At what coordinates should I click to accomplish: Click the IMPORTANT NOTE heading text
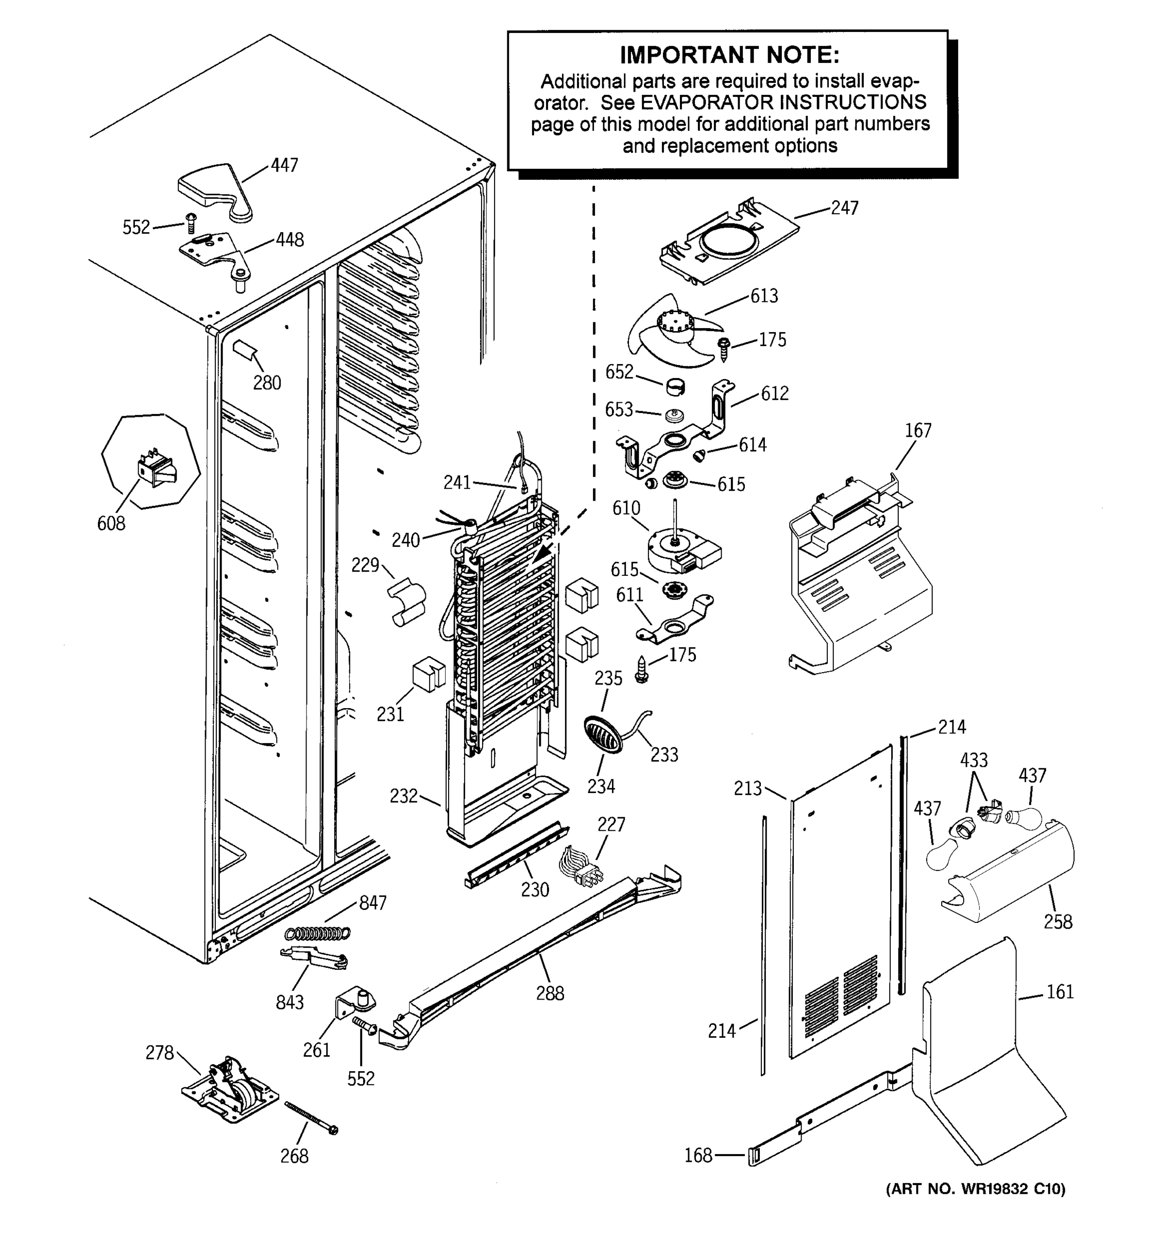coord(729,55)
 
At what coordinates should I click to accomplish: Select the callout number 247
coord(844,208)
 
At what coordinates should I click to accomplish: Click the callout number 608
coord(111,523)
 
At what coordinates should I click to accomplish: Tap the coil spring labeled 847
coord(317,933)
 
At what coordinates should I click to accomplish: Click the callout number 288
coord(550,993)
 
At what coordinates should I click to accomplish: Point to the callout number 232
coord(403,796)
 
